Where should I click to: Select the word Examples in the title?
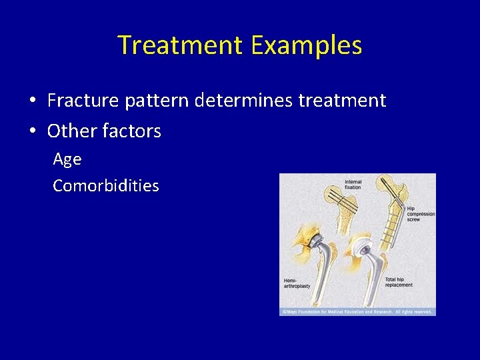tap(307, 45)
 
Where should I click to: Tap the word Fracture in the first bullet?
tap(85, 101)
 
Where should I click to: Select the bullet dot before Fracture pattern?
tap(32, 101)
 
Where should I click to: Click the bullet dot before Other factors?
tap(32, 131)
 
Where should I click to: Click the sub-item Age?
tap(67, 159)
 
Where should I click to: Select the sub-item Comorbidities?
tap(106, 185)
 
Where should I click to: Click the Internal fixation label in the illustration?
tap(353, 185)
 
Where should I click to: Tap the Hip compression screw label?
tap(420, 213)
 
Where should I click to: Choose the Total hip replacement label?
tap(399, 283)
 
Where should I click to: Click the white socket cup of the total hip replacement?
tap(363, 247)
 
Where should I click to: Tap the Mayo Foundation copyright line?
tap(357, 311)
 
